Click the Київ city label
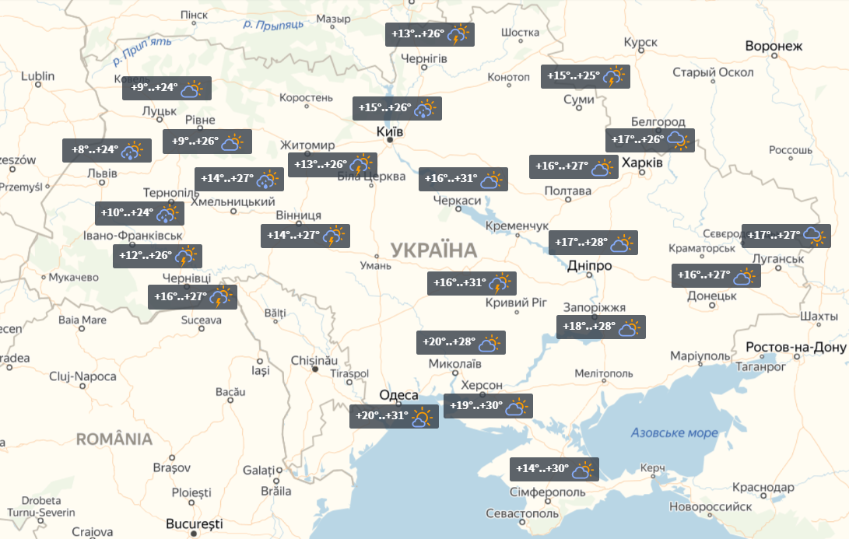pyautogui.click(x=388, y=131)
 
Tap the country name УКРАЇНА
pyautogui.click(x=434, y=250)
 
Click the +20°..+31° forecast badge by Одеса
pyautogui.click(x=394, y=417)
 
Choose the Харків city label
pyautogui.click(x=642, y=164)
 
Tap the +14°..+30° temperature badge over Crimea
pyautogui.click(x=554, y=470)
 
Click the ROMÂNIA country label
pyautogui.click(x=114, y=439)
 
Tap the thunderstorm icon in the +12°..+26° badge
pyautogui.click(x=186, y=257)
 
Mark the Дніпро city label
pyautogui.click(x=589, y=265)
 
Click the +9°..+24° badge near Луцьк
pyautogui.click(x=167, y=89)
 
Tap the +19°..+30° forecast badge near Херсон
pyautogui.click(x=488, y=406)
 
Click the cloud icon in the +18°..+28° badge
pyautogui.click(x=628, y=328)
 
